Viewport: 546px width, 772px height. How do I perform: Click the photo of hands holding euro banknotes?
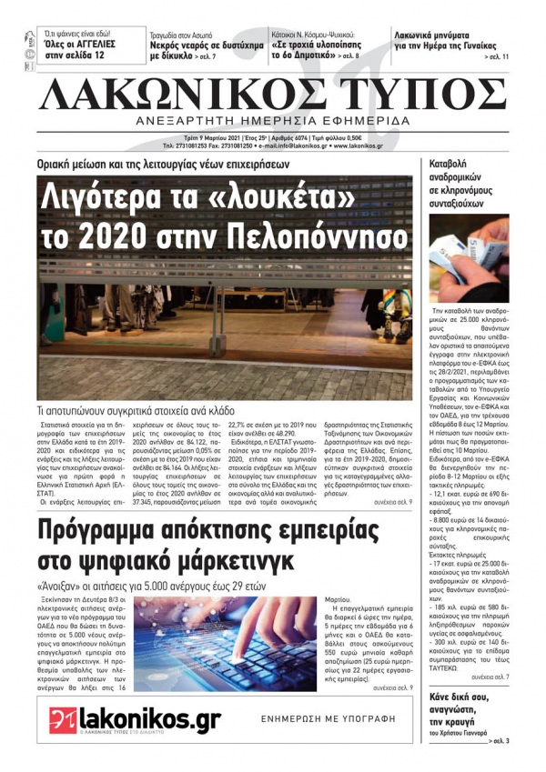[x=470, y=258]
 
